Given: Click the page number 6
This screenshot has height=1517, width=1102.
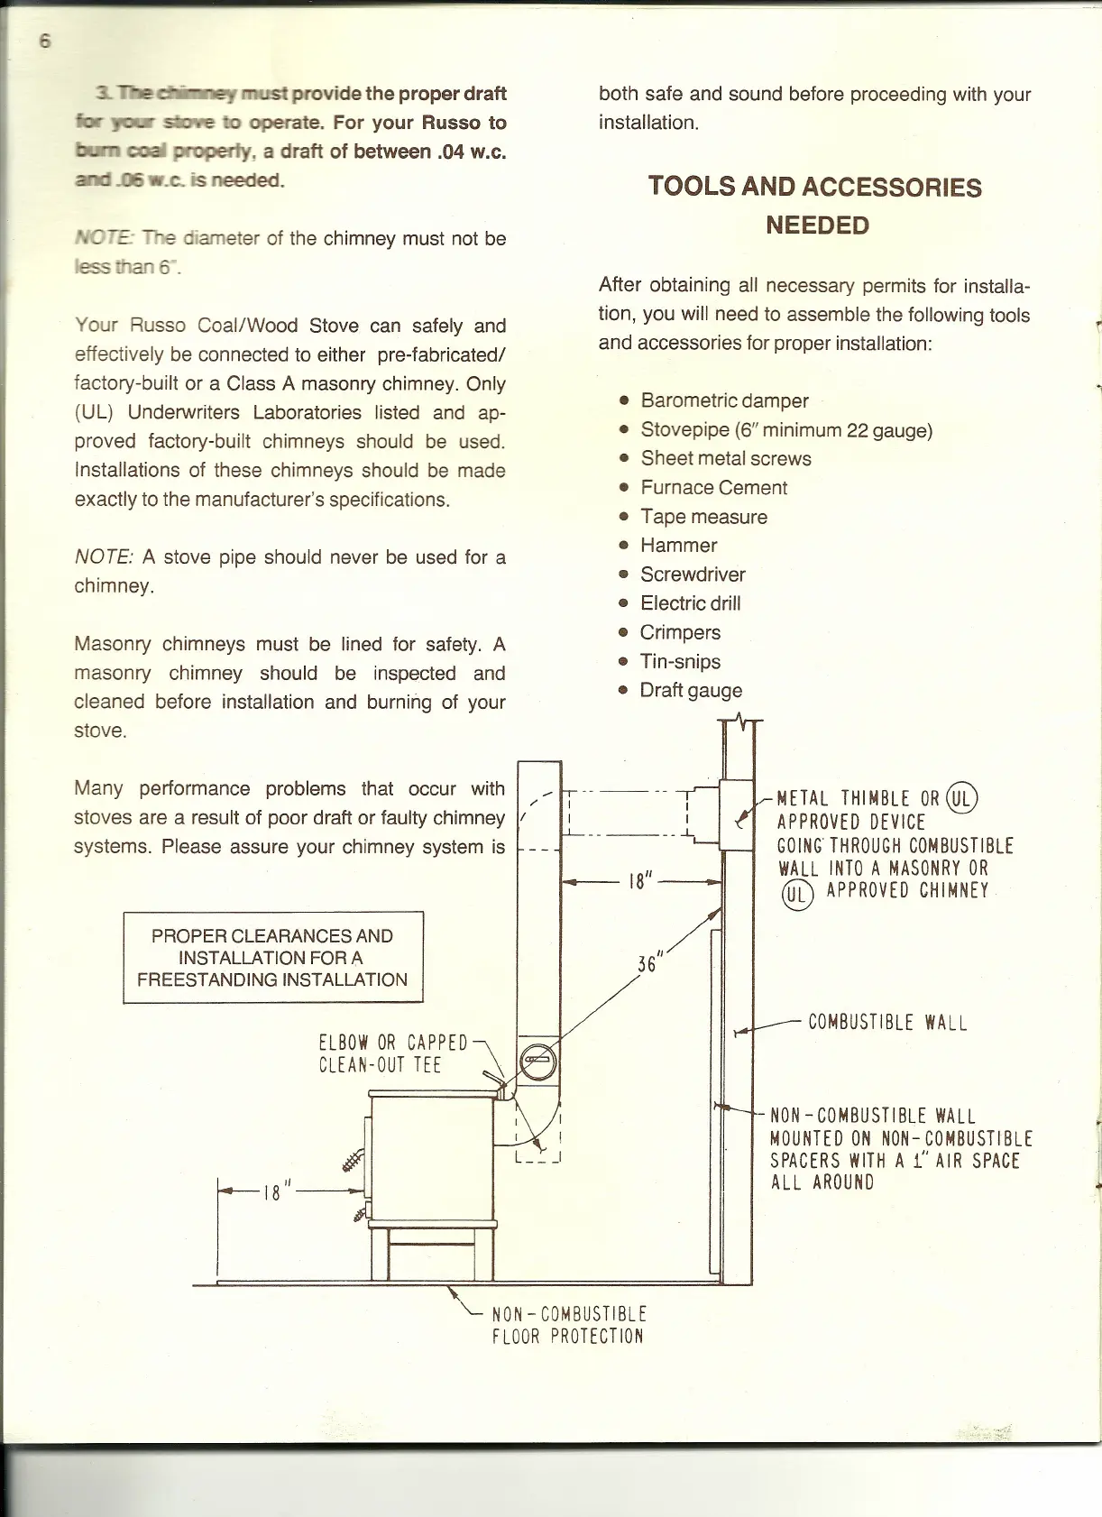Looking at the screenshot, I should (45, 41).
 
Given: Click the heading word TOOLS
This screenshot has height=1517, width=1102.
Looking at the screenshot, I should (690, 187).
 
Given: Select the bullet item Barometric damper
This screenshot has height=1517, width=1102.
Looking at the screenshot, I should (724, 400).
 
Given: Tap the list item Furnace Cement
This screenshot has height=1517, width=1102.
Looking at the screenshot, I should (713, 488).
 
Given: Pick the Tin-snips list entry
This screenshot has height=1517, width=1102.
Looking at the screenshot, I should (680, 662).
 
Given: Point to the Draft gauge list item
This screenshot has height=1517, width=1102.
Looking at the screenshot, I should (691, 691).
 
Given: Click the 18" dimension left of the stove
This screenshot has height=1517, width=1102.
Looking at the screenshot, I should (272, 1192).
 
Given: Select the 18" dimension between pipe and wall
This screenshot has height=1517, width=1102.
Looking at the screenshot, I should (639, 881).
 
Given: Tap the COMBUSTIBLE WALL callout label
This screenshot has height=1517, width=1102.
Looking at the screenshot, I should (887, 1023).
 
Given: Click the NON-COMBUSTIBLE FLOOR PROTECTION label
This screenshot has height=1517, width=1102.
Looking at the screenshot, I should (568, 1325).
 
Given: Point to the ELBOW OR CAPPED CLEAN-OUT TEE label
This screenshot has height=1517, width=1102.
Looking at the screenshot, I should (392, 1054).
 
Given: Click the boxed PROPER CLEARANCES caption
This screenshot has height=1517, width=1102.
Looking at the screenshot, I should (272, 958).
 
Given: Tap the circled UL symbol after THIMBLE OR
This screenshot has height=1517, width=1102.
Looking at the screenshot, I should (962, 797).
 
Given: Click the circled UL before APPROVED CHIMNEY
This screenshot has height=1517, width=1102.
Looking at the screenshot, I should (797, 894).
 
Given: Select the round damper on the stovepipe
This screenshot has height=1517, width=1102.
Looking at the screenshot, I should (538, 1061).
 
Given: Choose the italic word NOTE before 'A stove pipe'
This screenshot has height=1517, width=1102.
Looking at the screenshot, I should (103, 557).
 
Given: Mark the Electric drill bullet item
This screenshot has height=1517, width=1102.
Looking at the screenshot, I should (690, 604).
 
